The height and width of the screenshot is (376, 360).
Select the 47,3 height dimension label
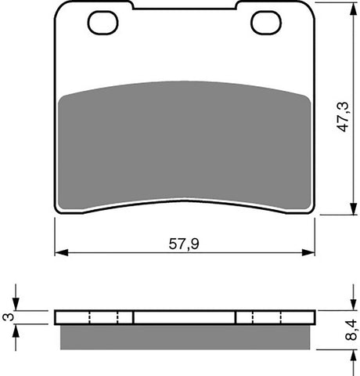click(344, 117)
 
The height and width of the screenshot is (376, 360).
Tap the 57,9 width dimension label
click(184, 244)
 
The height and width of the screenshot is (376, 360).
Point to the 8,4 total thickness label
click(351, 330)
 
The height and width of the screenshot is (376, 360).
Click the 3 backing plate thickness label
click(9, 317)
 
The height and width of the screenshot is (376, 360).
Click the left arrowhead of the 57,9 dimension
click(62, 252)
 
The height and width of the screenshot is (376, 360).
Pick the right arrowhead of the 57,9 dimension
click(308, 252)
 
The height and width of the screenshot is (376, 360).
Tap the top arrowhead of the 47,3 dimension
click(353, 10)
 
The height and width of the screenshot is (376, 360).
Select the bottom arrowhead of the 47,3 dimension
click(353, 208)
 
